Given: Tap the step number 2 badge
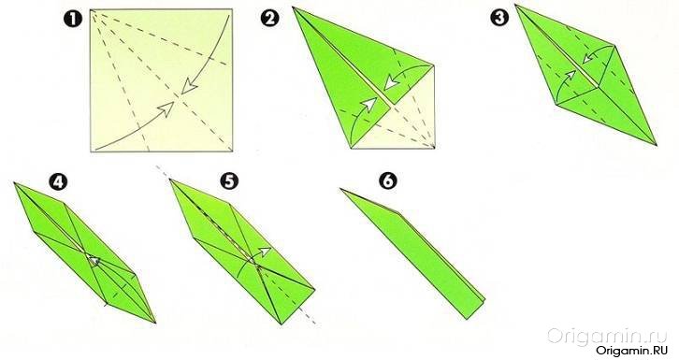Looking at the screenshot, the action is pyautogui.click(x=268, y=19).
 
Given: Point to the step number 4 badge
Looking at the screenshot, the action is pyautogui.click(x=58, y=182).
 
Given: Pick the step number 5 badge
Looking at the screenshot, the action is pyautogui.click(x=229, y=181).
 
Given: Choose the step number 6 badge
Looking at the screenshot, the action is pyautogui.click(x=387, y=180).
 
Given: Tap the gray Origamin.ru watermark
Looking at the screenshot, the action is pyautogui.click(x=605, y=335).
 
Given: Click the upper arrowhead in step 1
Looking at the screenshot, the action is pyautogui.click(x=189, y=87).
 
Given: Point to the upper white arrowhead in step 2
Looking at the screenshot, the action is pyautogui.click(x=392, y=81).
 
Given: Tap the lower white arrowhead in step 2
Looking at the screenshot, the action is pyautogui.click(x=368, y=105).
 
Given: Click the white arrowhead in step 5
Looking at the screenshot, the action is pyautogui.click(x=266, y=251).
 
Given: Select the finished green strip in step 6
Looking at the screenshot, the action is pyautogui.click(x=415, y=255).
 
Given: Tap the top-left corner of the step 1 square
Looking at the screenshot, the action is pyautogui.click(x=91, y=9).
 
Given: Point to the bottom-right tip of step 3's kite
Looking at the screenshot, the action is pyautogui.click(x=657, y=145).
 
